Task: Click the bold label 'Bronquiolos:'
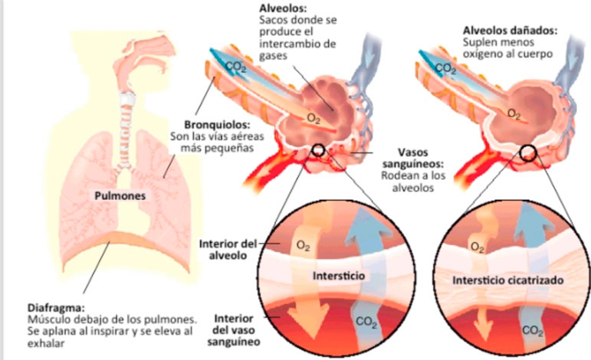214,125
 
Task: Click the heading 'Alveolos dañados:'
509,31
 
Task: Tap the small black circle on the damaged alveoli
528,152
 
